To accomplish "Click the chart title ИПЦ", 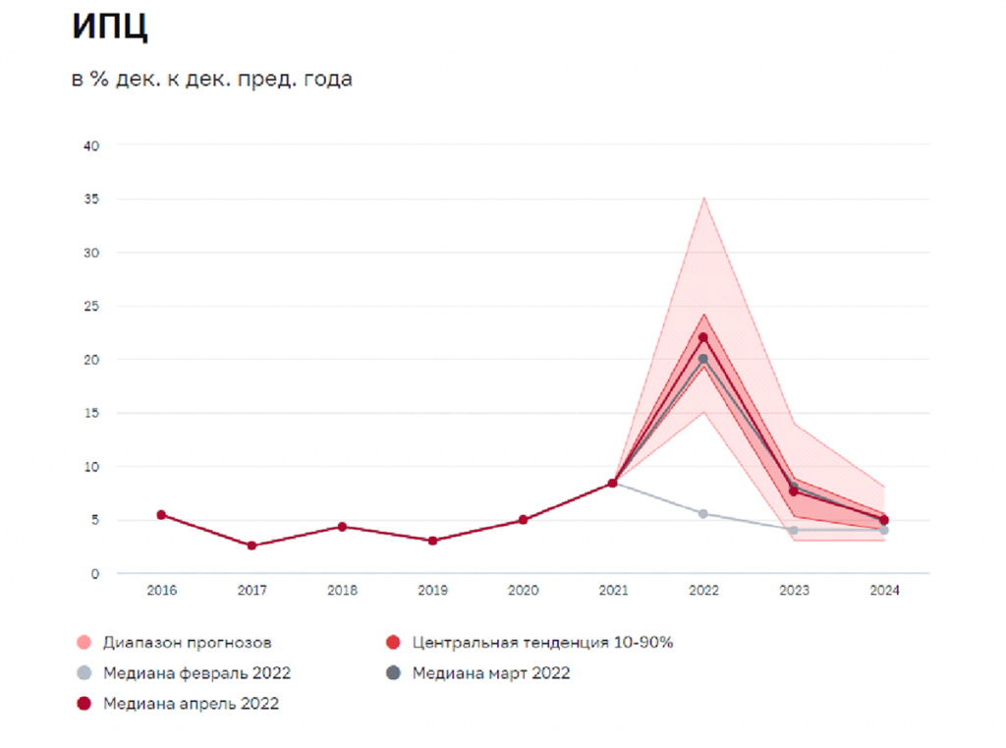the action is click(x=110, y=27).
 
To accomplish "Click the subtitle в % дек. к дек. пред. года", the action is click(x=212, y=79).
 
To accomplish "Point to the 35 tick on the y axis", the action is click(x=91, y=199).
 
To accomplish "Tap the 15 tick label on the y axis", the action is click(x=91, y=413).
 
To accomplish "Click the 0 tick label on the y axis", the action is click(x=95, y=574).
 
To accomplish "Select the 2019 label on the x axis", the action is click(x=432, y=590).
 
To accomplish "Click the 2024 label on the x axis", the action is click(x=884, y=590).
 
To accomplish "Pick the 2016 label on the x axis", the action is click(x=162, y=590).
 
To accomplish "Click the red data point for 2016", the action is click(x=162, y=515).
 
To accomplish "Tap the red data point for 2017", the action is click(x=252, y=546).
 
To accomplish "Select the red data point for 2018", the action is click(x=343, y=527).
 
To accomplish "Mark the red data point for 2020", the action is click(x=523, y=520).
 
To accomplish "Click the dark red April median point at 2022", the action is click(x=703, y=338).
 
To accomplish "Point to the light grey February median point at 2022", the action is click(x=703, y=514).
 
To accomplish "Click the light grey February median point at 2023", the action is click(x=794, y=531).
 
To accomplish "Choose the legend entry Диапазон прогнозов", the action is click(x=174, y=642).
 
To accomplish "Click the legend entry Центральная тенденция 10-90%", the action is click(x=530, y=642).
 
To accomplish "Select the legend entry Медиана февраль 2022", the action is click(x=184, y=673).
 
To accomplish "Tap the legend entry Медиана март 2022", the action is click(x=478, y=673).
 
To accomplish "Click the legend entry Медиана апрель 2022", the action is click(x=178, y=704).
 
